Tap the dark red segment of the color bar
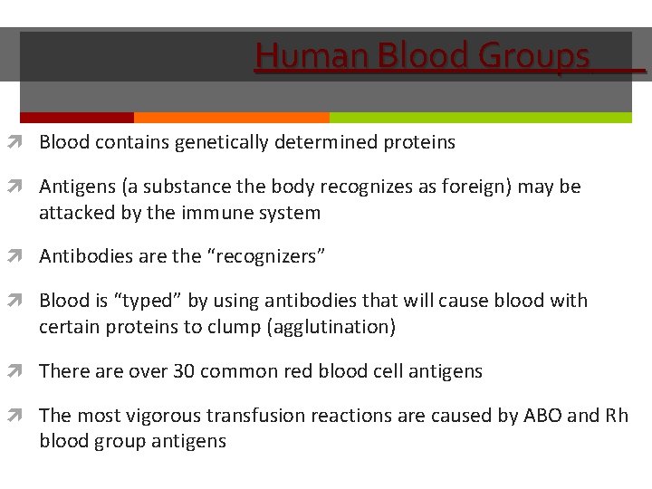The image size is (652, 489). click(77, 118)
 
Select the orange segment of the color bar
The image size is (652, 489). click(231, 118)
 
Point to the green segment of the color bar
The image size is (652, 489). click(480, 118)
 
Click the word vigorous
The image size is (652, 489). click(165, 416)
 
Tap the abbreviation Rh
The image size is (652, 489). click(617, 416)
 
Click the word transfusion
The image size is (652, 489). click(255, 416)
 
